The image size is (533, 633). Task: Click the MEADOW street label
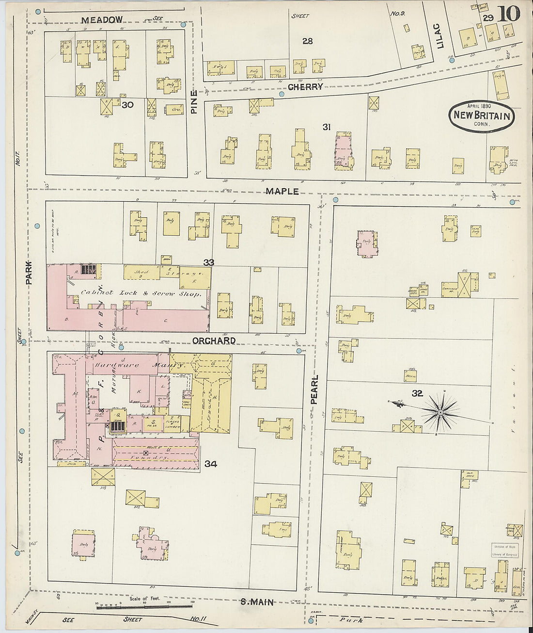102,20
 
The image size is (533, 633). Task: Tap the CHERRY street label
305,87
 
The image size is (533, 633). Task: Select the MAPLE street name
282,192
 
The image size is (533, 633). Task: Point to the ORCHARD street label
214,341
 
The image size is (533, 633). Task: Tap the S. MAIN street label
257,602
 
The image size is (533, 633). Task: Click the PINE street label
194,102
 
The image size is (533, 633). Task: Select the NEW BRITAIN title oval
481,116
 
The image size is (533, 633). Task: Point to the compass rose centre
440,412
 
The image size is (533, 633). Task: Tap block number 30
128,105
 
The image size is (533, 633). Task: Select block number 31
327,127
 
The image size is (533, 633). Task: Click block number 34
210,464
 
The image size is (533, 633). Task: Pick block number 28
307,41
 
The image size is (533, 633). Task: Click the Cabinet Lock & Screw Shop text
141,293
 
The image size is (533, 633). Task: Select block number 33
209,262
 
